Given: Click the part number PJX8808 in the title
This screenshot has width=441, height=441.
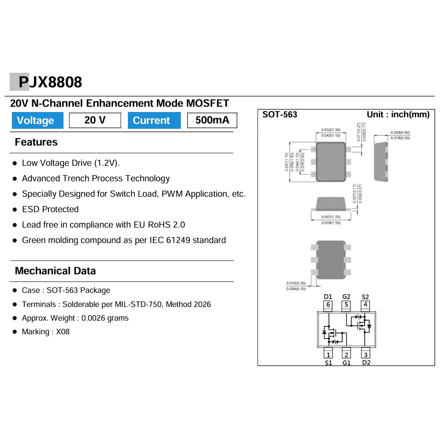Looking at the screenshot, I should coord(50,82).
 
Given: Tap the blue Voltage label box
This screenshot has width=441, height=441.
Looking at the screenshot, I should coord(36,120).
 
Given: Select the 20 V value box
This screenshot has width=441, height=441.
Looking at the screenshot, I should coord(95,120).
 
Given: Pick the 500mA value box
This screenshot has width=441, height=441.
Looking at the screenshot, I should coord(212,120).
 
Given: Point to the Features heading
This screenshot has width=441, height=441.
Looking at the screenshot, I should coord(36,142).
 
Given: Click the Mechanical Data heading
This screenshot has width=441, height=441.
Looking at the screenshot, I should coord(55,271).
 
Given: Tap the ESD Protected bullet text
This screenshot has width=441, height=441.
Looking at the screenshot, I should coord(50,209).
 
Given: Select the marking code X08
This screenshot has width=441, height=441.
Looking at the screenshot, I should coord(63,332).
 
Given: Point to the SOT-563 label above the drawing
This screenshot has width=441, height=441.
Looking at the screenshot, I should coord(280,115).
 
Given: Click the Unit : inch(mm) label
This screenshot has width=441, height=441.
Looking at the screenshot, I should coord(398,115).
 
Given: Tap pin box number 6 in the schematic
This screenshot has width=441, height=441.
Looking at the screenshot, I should coord(328,305).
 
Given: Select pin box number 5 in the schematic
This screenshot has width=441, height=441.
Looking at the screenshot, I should coord(347,305).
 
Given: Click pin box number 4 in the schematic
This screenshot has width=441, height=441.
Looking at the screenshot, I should coord(365,305).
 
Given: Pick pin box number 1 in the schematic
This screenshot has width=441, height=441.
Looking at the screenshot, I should coord(328,354).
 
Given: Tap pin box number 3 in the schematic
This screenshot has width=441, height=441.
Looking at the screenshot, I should coord(366,354).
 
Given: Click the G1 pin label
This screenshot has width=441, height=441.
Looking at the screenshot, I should coord(347,363).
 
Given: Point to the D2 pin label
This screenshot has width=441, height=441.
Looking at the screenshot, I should coord(366,363).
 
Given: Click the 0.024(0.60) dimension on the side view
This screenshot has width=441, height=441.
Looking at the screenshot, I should coord(400,132).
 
